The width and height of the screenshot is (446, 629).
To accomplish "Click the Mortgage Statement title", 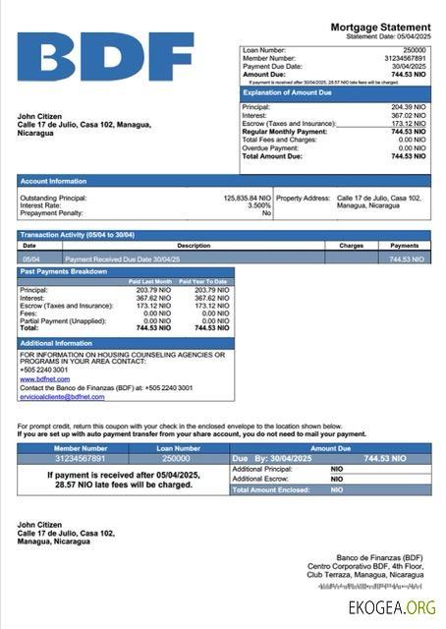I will pyautogui.click(x=380, y=27).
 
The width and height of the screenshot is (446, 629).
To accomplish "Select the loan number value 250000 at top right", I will pyautogui.click(x=415, y=48).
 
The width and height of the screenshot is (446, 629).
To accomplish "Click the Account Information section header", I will pyautogui.click(x=53, y=181).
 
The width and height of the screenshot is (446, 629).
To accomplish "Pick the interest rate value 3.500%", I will pyautogui.click(x=258, y=205).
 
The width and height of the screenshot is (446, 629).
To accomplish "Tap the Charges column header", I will pyautogui.click(x=351, y=245).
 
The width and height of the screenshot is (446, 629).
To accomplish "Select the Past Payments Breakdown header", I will pyautogui.click(x=63, y=271).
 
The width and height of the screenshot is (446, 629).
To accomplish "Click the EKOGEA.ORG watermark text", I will pyautogui.click(x=392, y=607).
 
